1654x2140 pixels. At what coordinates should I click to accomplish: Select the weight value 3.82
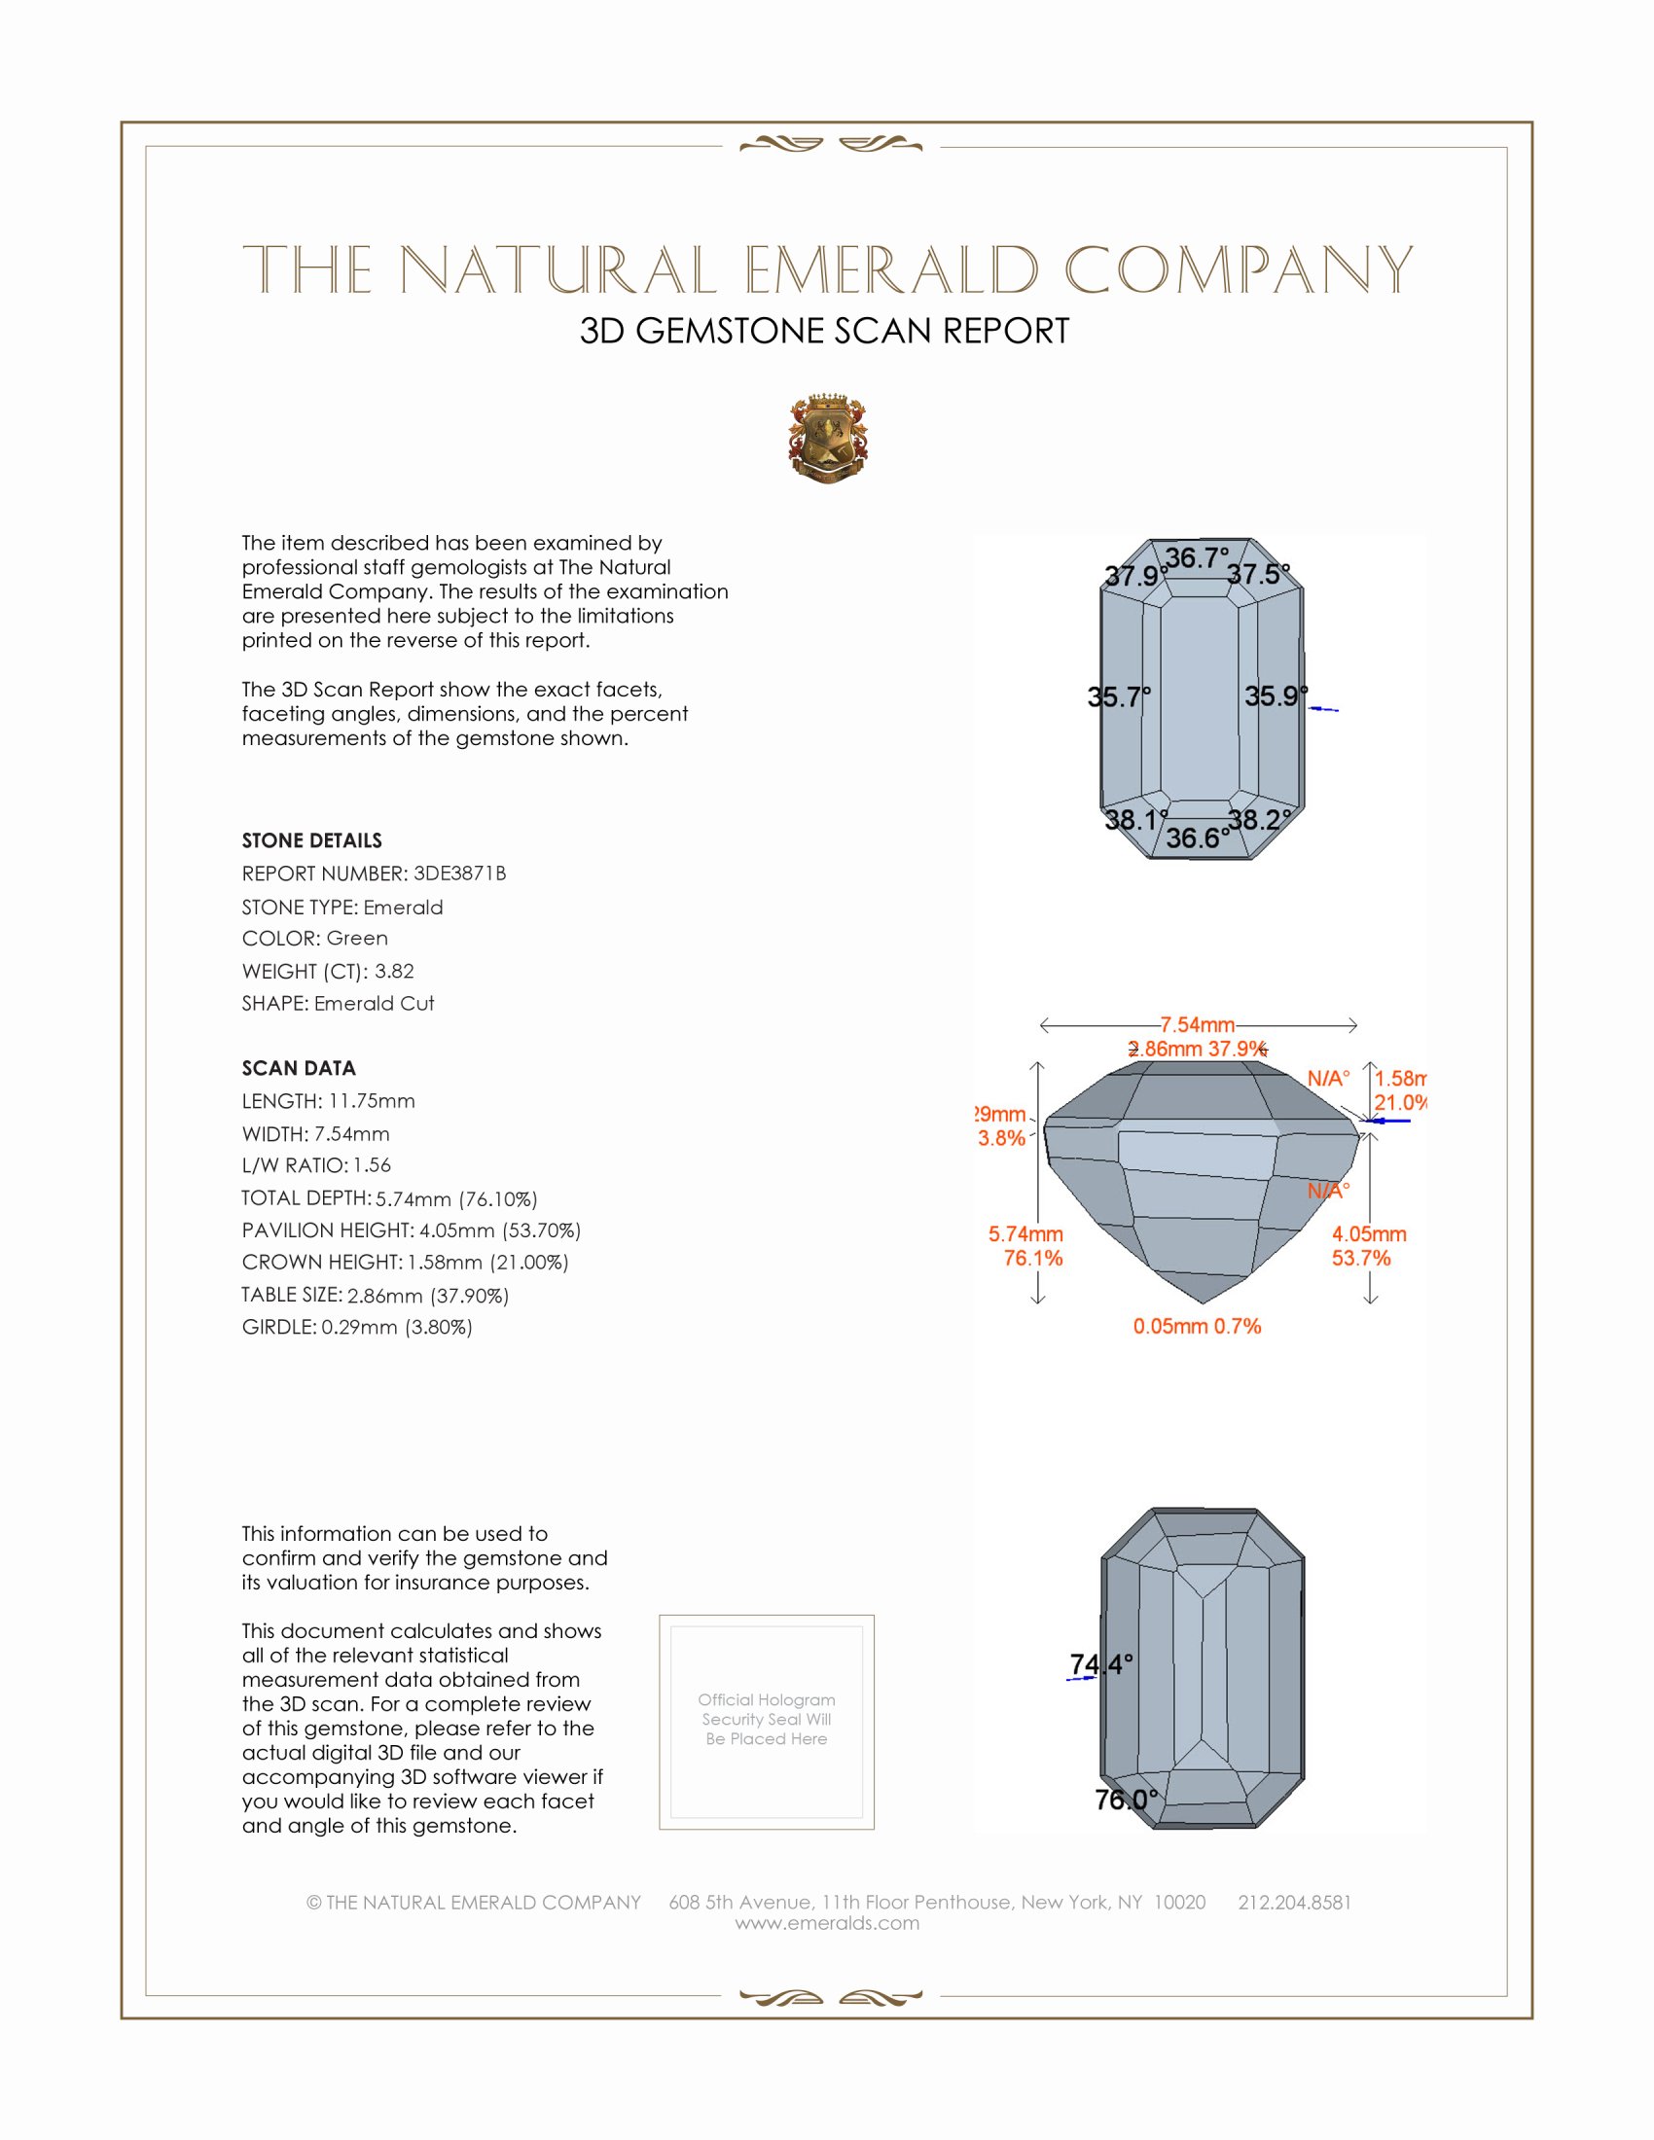(394, 971)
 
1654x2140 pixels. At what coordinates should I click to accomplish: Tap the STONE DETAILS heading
(311, 840)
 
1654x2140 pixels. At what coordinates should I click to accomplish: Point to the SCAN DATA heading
(299, 1068)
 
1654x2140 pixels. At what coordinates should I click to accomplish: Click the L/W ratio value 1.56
(373, 1165)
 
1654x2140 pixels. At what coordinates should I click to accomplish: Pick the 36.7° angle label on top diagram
(1196, 557)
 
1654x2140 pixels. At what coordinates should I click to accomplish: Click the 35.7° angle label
(1118, 696)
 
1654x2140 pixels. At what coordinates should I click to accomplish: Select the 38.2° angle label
(1259, 819)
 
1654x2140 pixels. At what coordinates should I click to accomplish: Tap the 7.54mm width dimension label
(1198, 1025)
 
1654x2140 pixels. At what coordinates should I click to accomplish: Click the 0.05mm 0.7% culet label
(1197, 1326)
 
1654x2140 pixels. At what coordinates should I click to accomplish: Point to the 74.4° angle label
(1100, 1664)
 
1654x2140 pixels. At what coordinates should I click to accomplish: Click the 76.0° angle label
(1126, 1799)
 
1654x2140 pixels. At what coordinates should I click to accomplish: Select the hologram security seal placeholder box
(767, 1722)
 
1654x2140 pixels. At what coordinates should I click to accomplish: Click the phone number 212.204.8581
(1294, 1902)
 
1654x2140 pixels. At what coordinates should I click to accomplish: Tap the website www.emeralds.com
(827, 1923)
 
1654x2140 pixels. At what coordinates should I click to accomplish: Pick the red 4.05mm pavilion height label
(1369, 1233)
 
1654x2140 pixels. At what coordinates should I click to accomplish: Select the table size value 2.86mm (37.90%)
(428, 1296)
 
